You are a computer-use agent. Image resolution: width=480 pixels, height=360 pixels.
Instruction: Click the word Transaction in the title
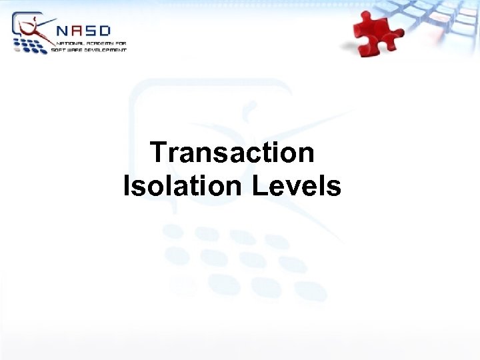[x=232, y=153]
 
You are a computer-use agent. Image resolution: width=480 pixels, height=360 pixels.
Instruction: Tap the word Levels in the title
[x=297, y=185]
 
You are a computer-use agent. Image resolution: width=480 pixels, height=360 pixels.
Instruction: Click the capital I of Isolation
[x=127, y=185]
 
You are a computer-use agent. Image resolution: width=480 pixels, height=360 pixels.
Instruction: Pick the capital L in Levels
[x=259, y=185]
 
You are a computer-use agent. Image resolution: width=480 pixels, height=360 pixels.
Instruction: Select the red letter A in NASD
[x=79, y=31]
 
